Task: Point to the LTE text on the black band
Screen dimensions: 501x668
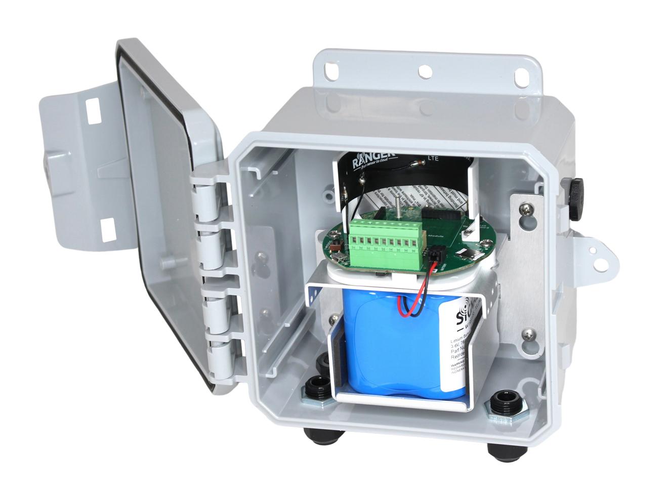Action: [x=433, y=158]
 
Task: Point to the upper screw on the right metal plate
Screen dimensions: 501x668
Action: [x=528, y=207]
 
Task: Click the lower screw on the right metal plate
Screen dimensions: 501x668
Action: [x=528, y=333]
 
